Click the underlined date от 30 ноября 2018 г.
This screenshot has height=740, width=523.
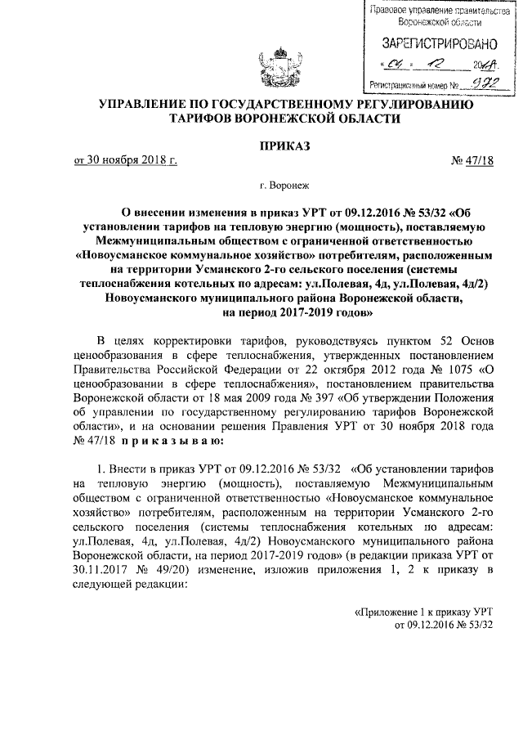tap(125, 160)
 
